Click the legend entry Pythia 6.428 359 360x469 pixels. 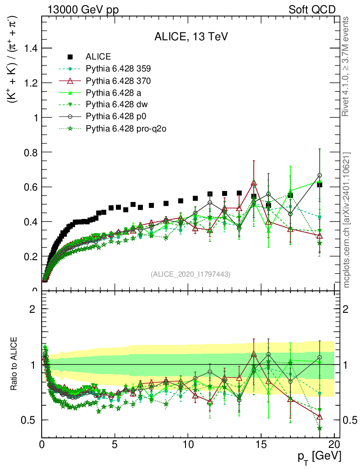118,69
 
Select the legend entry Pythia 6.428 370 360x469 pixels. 118,81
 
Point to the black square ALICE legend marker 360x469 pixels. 70,57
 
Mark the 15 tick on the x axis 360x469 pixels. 261,446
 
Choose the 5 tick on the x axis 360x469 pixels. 115,446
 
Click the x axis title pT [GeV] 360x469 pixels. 318,457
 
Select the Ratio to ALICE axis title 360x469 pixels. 14,364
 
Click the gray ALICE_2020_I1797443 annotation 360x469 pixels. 191,274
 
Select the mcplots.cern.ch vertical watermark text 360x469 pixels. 347,220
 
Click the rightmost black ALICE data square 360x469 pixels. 320,185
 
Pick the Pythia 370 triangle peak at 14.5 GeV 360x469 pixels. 254,184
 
